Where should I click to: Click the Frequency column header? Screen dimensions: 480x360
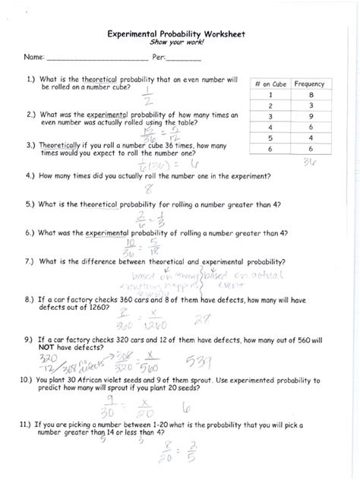tap(309, 84)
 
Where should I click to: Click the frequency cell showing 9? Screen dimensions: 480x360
tap(309, 116)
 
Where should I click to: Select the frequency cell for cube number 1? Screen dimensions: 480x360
tap(309, 95)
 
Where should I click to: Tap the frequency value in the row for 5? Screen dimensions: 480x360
tap(309, 138)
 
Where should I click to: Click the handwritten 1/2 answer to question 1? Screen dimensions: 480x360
tap(147, 96)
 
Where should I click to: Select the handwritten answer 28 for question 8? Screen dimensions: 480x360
tap(202, 320)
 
